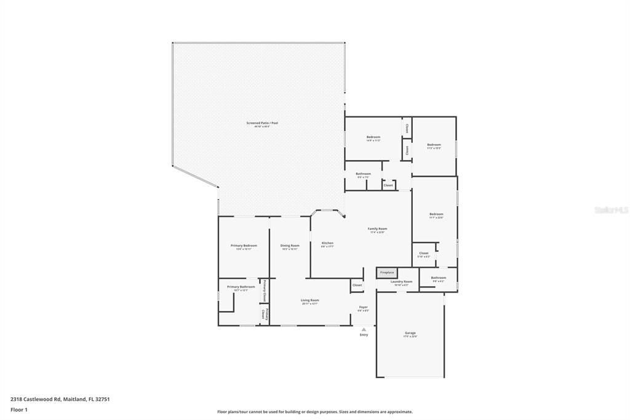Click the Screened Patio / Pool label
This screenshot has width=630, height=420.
262,123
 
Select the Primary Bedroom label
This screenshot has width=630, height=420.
244,246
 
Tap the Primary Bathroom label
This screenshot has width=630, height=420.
241,286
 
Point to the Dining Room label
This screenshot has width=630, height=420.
290,246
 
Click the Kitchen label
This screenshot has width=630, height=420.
327,243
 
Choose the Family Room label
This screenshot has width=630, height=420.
377,228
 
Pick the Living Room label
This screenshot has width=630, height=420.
309,300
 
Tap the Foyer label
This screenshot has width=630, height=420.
364,307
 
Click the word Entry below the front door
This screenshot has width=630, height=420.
364,334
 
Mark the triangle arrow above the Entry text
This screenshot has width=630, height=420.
364,329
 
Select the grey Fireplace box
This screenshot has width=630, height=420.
387,272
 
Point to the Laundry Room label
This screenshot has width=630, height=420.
401,281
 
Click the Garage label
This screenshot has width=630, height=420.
410,333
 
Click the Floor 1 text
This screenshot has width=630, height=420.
17,410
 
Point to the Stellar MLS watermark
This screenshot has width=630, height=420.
611,210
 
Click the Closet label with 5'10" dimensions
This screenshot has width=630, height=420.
424,253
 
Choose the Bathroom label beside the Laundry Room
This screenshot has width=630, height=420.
438,278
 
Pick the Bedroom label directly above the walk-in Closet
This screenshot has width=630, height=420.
436,214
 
